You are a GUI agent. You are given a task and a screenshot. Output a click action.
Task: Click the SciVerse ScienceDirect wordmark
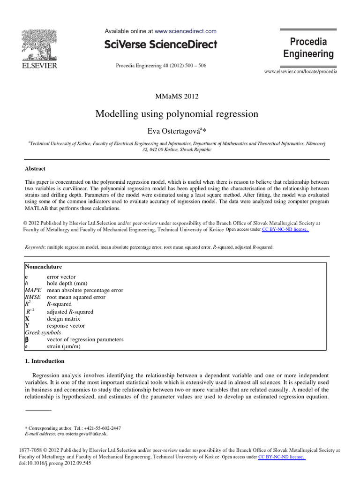(x=161, y=45)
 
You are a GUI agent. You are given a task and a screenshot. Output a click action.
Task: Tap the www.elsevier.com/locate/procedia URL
(x=300, y=72)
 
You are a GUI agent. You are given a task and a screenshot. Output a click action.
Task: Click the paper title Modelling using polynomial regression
(x=177, y=114)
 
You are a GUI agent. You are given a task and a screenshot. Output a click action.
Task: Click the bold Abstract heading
(x=35, y=169)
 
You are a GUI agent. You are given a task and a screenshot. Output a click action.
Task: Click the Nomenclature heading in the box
(x=44, y=266)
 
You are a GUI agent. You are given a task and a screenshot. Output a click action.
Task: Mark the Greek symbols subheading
(x=43, y=332)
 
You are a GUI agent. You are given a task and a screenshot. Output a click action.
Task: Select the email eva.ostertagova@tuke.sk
(x=82, y=434)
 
